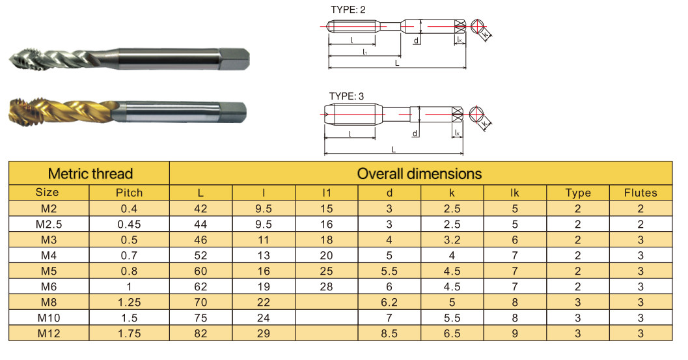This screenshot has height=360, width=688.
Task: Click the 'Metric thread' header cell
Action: tap(90, 173)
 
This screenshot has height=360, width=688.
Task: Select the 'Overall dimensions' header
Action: tap(419, 173)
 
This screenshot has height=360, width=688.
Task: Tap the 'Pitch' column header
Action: tap(129, 193)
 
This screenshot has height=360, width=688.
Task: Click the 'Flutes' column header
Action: tap(640, 193)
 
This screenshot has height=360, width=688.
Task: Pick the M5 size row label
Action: tap(49, 271)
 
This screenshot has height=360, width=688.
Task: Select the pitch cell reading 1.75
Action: tap(129, 333)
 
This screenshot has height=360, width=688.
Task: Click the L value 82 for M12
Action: tap(200, 333)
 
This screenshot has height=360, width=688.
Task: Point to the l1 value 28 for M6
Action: tap(327, 286)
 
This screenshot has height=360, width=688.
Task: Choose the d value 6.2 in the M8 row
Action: tap(389, 302)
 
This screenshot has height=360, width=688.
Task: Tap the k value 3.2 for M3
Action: tap(452, 240)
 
